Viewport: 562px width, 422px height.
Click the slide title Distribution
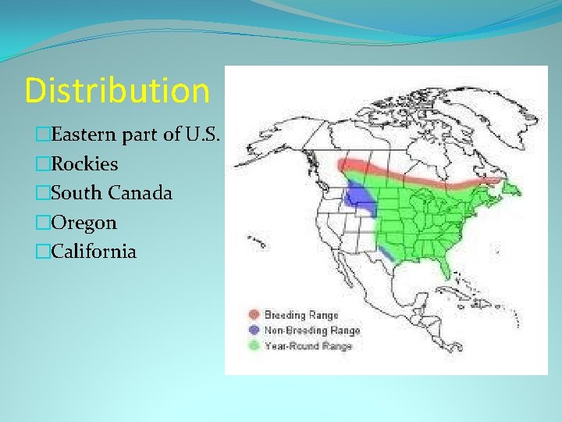(x=117, y=91)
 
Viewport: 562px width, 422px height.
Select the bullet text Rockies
(x=84, y=164)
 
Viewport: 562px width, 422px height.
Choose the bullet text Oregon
(x=84, y=223)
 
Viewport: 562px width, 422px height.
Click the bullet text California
(x=93, y=252)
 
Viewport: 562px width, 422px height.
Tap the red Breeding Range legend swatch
(x=254, y=315)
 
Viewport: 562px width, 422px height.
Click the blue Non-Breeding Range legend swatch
(x=254, y=330)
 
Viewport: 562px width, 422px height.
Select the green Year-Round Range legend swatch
(x=254, y=345)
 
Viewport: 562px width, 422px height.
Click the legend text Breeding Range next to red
(x=301, y=315)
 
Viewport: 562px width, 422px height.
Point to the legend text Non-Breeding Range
(x=312, y=330)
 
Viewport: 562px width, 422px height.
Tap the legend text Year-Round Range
(x=309, y=345)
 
